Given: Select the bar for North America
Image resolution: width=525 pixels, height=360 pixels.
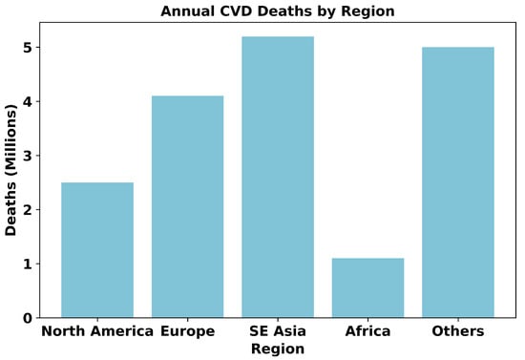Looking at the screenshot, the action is (97, 250).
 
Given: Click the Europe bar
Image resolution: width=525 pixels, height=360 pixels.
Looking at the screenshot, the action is (187, 206).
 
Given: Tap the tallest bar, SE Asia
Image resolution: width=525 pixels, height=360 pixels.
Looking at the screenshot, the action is (278, 177).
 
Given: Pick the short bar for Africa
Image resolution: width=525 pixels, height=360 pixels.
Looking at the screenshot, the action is (367, 287).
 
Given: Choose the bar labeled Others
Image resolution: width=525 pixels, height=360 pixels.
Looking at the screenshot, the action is (458, 182).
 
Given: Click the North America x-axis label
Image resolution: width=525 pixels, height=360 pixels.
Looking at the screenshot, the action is (97, 331).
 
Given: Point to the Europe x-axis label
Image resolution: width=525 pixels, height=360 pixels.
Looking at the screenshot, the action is (187, 332).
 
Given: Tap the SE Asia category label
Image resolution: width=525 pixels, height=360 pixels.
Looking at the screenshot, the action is (278, 331).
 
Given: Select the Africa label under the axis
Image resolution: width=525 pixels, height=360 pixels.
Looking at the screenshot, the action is (367, 331).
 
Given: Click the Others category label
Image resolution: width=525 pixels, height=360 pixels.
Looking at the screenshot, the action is (458, 331).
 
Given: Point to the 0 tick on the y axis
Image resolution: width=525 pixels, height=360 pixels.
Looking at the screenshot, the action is (28, 318).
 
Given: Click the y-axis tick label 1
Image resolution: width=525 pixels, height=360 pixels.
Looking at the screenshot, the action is (28, 264).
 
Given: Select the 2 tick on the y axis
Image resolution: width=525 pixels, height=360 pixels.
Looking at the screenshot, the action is (28, 210).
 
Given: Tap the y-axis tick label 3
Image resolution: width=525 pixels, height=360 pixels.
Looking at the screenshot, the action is (28, 156).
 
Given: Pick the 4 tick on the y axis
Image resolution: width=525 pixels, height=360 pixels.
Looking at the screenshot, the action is (28, 101).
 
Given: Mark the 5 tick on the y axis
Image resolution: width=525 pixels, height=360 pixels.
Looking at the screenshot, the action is (28, 47).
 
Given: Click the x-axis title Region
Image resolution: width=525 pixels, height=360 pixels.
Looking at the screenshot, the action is (278, 349).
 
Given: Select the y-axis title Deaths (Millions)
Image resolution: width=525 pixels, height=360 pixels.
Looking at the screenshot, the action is (10, 170).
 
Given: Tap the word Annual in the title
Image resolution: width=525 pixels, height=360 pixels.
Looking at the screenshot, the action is (187, 11).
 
